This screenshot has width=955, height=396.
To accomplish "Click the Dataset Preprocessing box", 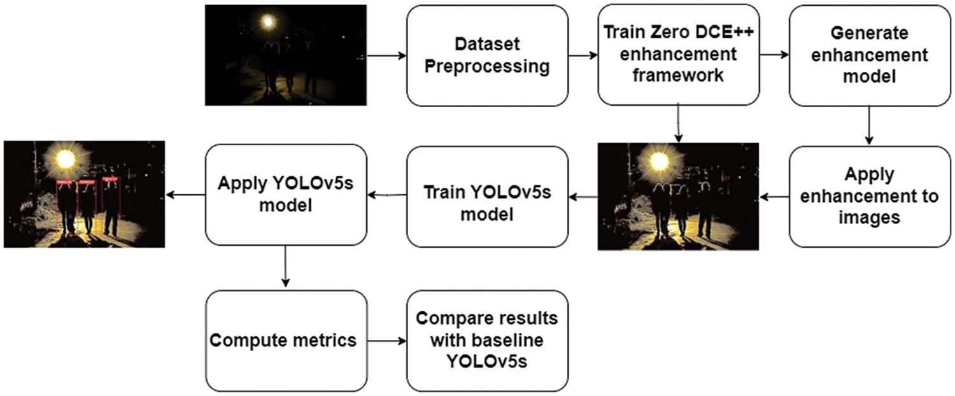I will tap(487, 55).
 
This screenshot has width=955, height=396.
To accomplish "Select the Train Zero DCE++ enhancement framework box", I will tap(679, 55).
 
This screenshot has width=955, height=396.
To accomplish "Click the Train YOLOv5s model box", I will tap(487, 196).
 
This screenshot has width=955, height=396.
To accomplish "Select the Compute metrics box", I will tap(286, 341).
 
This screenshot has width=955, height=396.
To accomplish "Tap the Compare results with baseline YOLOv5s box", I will tap(487, 341).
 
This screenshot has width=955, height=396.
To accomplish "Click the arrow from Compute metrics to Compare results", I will tap(387, 341).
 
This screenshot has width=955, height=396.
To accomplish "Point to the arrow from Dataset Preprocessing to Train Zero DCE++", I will tap(583, 55).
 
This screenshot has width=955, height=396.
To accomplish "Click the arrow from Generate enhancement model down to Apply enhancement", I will tap(870, 125).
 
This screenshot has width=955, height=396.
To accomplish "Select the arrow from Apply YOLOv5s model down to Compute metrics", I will tap(286, 267).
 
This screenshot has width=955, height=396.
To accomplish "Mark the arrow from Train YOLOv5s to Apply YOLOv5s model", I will tap(387, 195).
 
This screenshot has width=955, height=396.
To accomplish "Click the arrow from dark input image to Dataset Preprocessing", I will tap(386, 55).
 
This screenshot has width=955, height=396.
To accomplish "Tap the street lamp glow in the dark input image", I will tap(268, 22).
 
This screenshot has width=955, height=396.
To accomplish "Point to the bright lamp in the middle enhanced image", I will tap(659, 162).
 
